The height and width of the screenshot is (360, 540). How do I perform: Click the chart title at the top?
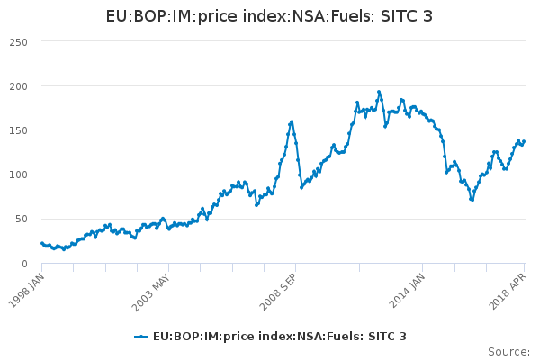(269, 16)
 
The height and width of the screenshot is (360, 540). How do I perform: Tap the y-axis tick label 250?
(17, 42)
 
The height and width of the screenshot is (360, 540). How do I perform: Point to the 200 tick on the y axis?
(17, 86)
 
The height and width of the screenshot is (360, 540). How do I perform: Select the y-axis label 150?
(17, 130)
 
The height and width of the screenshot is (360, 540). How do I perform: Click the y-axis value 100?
(17, 175)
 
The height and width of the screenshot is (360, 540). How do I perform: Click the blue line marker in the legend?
(141, 337)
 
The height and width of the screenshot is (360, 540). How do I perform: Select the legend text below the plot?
(279, 337)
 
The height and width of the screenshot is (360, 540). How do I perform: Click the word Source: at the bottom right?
(508, 351)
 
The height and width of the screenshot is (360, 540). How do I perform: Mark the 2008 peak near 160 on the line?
(292, 121)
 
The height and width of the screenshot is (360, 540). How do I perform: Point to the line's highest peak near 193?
(379, 92)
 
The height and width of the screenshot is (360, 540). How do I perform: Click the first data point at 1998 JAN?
(41, 243)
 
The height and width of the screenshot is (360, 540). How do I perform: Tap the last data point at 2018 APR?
(525, 141)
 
